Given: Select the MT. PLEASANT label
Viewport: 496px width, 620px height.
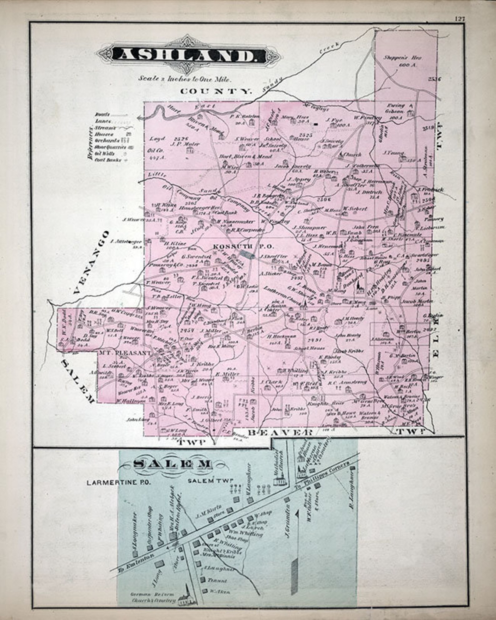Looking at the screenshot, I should click(x=125, y=353).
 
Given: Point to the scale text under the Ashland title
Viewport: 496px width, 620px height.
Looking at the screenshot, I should click(x=185, y=79).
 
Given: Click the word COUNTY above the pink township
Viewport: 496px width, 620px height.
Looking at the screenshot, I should click(x=216, y=91).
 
